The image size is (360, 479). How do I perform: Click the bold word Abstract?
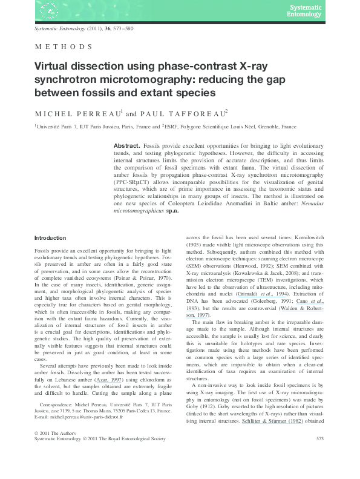[126, 147]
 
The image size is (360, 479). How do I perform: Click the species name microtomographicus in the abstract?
[140, 212]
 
